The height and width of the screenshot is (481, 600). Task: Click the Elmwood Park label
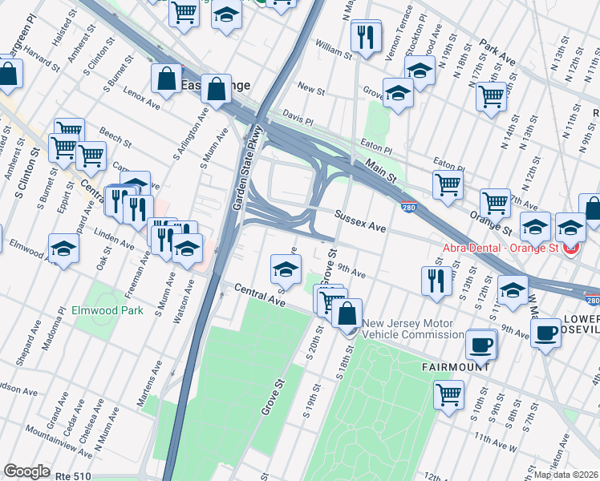119,309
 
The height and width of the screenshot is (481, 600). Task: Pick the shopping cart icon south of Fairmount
448,394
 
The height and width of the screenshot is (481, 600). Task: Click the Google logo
26,471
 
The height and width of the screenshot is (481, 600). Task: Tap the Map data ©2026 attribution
566,475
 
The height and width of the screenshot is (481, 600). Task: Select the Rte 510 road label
74,475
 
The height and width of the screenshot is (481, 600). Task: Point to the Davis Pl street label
296,119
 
